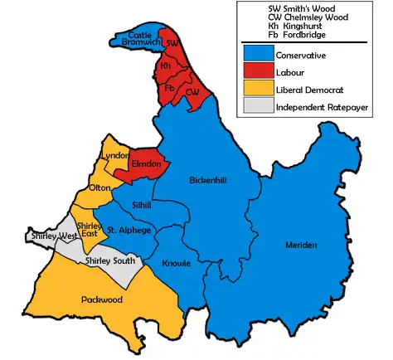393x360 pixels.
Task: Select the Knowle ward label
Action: click(176, 264)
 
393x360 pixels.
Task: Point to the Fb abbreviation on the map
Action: click(170, 87)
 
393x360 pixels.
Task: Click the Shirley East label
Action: click(87, 230)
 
